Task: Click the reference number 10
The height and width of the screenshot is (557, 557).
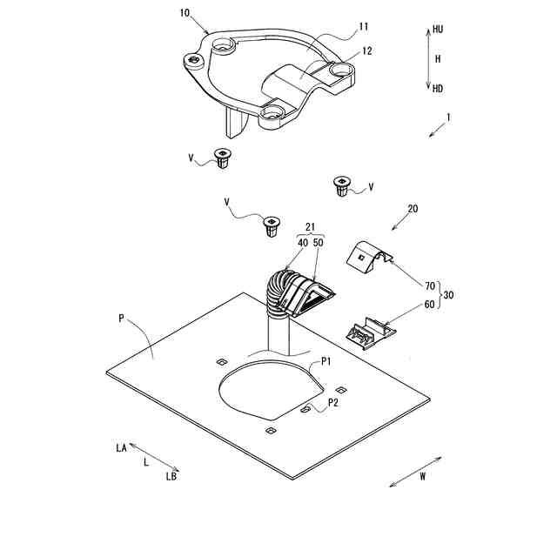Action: pos(185,13)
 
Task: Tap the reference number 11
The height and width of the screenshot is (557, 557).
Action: pos(364,27)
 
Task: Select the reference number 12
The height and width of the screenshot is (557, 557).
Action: pos(367,51)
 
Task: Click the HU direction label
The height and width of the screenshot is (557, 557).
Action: pos(438,29)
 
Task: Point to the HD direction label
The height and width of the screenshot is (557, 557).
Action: pos(438,89)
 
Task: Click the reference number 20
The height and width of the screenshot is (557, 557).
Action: pos(413,209)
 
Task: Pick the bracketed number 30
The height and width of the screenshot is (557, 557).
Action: pos(449,295)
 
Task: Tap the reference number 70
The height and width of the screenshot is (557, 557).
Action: pos(430,285)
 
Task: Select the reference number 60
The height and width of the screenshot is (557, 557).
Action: pos(430,305)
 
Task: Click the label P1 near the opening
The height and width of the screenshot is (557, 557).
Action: pos(326,362)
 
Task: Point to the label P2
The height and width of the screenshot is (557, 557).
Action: pos(333,402)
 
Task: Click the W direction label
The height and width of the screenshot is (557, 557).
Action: pos(423,476)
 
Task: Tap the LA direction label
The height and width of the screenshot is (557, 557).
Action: pos(122,448)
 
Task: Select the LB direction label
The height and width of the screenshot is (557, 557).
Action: pos(171,476)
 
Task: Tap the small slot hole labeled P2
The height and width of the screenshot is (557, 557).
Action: pos(305,410)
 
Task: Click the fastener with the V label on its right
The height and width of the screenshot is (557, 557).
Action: pos(340,185)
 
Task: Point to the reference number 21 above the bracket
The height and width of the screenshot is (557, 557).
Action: pos(310,227)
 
